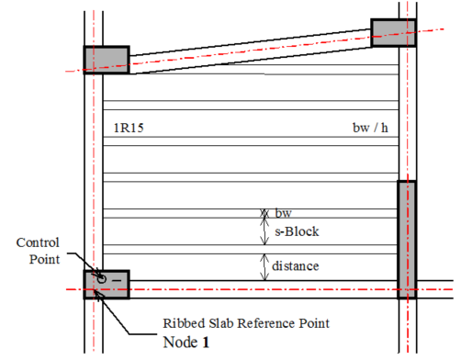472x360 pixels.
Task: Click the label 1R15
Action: (x=129, y=128)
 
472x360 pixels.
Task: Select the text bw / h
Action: (x=370, y=128)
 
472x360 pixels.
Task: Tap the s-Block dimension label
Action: (x=297, y=231)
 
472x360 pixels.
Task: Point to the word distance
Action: (x=296, y=266)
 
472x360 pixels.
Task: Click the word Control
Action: (x=38, y=242)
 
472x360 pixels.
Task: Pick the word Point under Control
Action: (x=44, y=259)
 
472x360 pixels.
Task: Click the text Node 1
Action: (x=186, y=342)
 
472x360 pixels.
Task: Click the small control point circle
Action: (x=102, y=279)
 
